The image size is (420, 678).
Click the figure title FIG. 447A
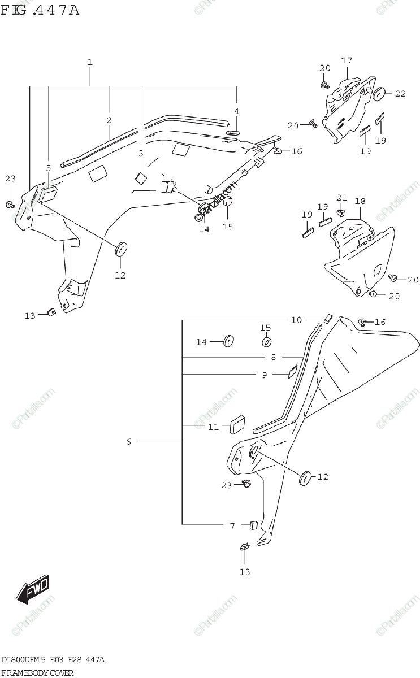tap(40, 10)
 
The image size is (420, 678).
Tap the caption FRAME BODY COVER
tap(37, 672)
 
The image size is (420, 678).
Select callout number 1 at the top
tap(90, 62)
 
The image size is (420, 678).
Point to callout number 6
tap(129, 441)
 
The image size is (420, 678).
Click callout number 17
tap(347, 60)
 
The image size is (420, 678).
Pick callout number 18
tap(360, 201)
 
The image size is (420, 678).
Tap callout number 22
tap(400, 94)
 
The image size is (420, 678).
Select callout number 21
tap(341, 197)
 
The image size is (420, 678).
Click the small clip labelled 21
tap(342, 212)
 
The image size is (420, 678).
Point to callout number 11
tap(213, 427)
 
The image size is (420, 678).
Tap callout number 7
tap(232, 526)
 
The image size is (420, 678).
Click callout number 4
tap(237, 111)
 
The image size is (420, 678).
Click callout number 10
tap(297, 320)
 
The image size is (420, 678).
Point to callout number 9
tap(265, 374)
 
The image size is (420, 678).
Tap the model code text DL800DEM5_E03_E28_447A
tap(53, 660)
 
